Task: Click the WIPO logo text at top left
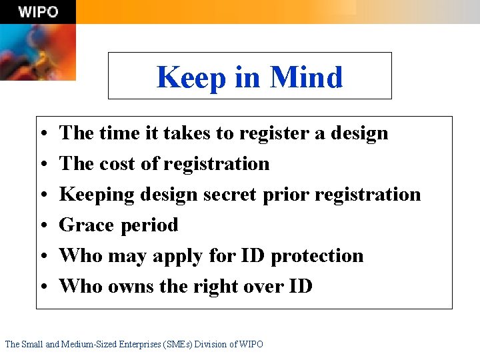[38, 12]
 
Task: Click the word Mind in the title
[306, 77]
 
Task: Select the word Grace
[87, 225]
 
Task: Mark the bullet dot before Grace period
[42, 226]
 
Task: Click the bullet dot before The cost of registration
[42, 165]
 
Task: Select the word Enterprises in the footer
[142, 344]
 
